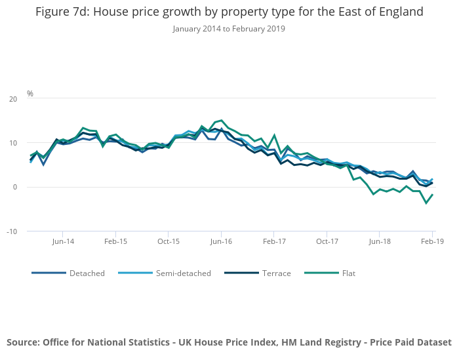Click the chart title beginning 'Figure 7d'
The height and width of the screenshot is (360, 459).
(x=229, y=12)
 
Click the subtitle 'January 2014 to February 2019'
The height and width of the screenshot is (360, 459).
(x=229, y=29)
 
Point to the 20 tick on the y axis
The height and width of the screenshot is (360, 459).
(x=13, y=99)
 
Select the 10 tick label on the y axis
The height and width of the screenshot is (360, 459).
(x=13, y=143)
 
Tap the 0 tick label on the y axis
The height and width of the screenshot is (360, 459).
(x=15, y=187)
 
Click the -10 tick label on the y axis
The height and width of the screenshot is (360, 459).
(x=12, y=231)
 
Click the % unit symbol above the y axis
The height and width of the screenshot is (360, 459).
(x=30, y=94)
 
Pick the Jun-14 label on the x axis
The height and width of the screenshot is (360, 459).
(x=62, y=241)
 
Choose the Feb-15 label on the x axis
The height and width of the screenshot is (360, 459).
(x=115, y=241)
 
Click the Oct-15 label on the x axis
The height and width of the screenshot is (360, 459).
(x=169, y=241)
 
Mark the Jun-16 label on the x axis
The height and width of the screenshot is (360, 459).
(x=221, y=241)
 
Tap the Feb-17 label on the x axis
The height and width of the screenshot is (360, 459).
(x=274, y=241)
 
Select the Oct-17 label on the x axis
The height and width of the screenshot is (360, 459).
(x=327, y=241)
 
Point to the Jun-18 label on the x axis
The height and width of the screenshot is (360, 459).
(x=380, y=241)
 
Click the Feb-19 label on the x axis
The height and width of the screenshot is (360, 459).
(x=431, y=241)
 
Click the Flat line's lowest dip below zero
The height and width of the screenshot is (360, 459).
(x=426, y=203)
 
